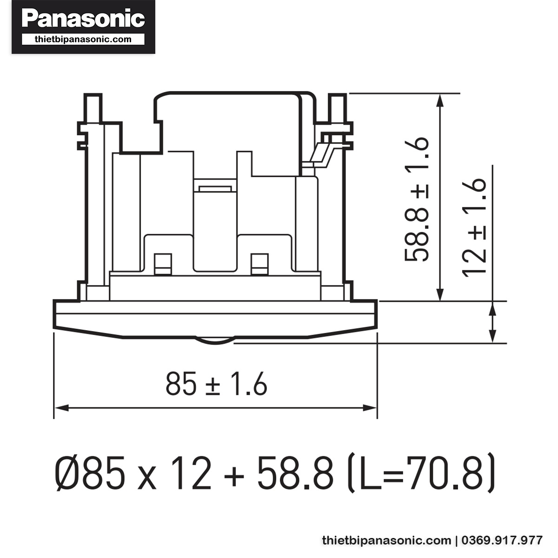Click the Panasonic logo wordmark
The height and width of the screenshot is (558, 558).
point(83,19)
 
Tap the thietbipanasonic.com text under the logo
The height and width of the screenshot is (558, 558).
point(83,40)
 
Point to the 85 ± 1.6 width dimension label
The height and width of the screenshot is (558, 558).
point(216,384)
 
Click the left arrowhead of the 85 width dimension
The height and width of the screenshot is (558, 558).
point(61,408)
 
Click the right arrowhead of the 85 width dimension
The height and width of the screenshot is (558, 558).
point(370,408)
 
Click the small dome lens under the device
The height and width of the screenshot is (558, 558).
point(215,341)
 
